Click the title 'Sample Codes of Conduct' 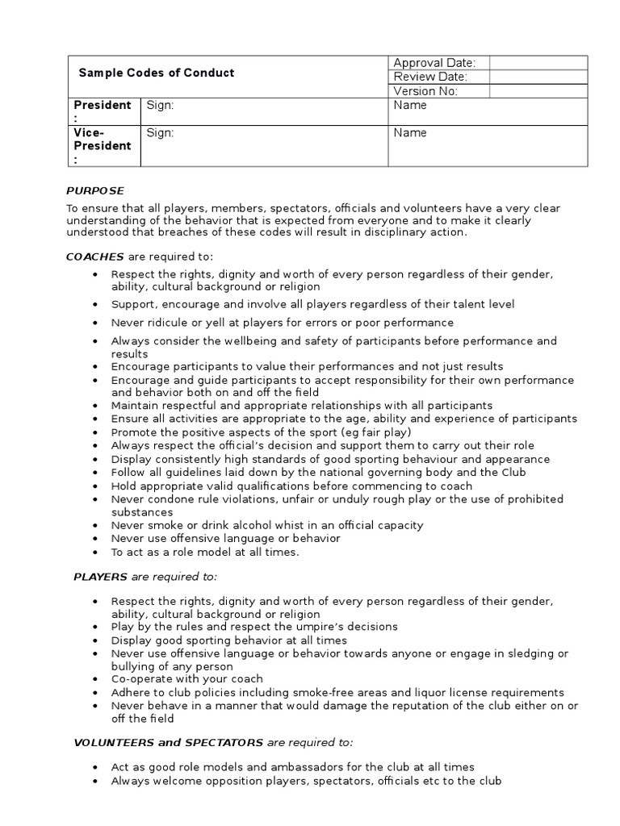click(x=156, y=73)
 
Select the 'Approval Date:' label click(x=434, y=63)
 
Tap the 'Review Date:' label click(x=429, y=77)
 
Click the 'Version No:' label click(x=425, y=91)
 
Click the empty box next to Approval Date click(x=537, y=63)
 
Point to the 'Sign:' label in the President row click(x=160, y=106)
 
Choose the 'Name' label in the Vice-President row click(x=410, y=133)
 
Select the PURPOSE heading click(x=95, y=191)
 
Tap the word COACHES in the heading click(x=94, y=257)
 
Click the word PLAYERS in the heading click(x=100, y=577)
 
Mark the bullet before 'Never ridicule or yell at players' click(x=95, y=323)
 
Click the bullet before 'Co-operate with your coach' click(x=95, y=679)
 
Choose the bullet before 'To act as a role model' click(x=95, y=552)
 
